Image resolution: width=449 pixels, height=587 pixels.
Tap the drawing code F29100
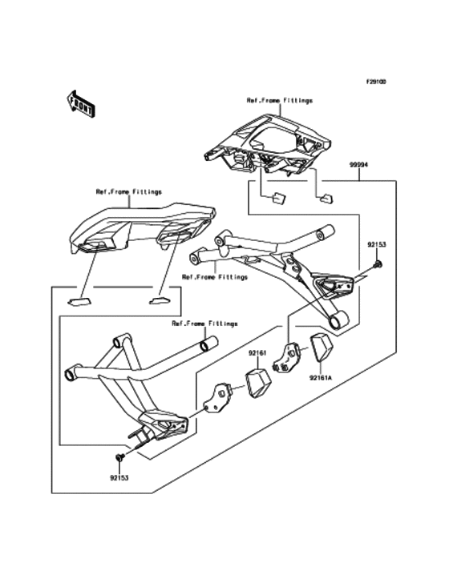coord(377,82)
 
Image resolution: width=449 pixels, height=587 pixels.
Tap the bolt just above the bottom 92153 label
coord(119,456)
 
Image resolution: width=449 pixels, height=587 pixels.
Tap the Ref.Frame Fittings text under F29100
coord(279,101)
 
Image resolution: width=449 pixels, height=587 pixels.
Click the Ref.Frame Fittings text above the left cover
coord(128,192)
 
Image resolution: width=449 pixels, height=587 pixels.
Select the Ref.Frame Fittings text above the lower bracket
coord(204,324)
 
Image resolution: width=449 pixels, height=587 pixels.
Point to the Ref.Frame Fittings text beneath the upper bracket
coord(214,277)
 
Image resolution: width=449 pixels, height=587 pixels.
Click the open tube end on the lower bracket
coord(208,346)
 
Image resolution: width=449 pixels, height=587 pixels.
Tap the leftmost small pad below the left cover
coord(78,302)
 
